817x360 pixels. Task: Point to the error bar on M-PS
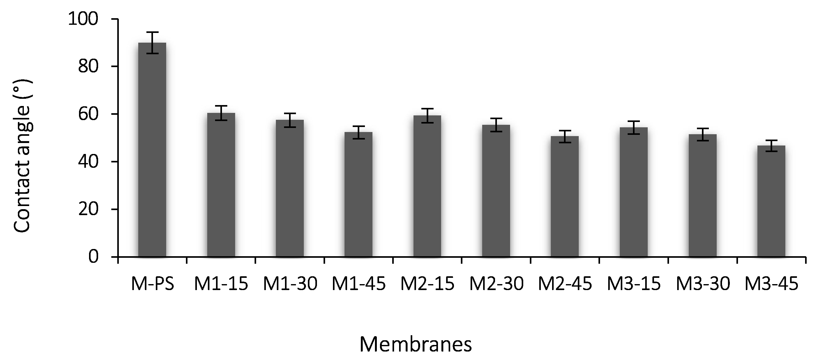152,43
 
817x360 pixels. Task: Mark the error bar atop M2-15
427,115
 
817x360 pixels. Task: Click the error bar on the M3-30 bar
703,135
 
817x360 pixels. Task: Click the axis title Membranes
415,344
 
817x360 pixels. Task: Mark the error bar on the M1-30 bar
290,120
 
